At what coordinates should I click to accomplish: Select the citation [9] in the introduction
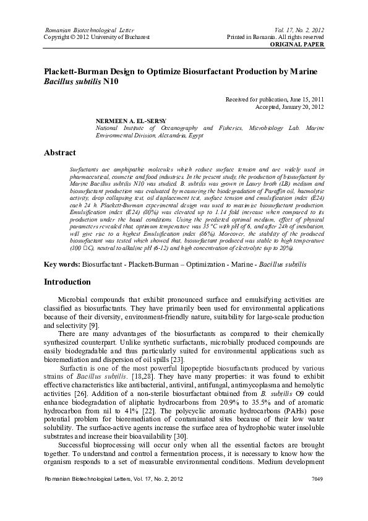[94, 325]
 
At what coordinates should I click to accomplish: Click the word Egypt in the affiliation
[195, 134]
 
